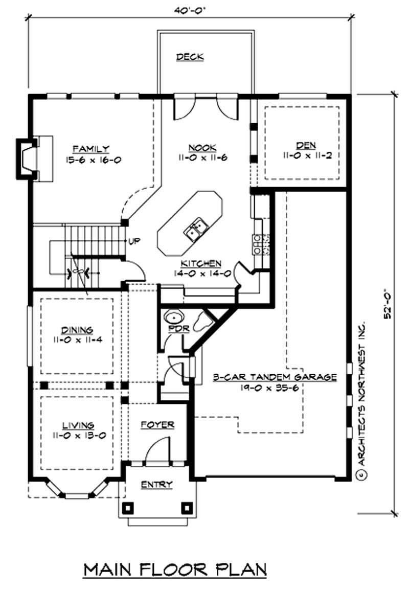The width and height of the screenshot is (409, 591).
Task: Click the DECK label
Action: (x=190, y=57)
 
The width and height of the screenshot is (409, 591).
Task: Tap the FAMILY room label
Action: (x=90, y=149)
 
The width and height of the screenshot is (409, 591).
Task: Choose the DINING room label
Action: (x=77, y=330)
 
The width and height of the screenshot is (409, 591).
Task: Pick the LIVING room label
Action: (x=78, y=425)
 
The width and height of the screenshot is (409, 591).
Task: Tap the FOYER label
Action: (x=157, y=424)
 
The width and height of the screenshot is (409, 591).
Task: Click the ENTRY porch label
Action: (x=157, y=484)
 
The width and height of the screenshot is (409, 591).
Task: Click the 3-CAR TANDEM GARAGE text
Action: (x=275, y=378)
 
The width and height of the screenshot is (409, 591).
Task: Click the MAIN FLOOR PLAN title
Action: (x=175, y=569)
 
